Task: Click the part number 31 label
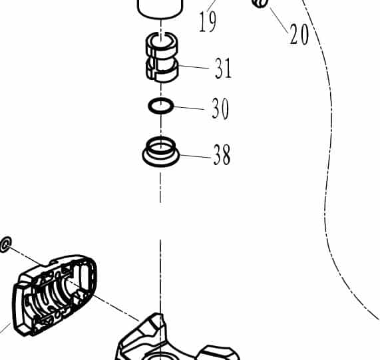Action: point(223,68)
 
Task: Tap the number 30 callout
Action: point(220,108)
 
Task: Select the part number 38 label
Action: point(222,154)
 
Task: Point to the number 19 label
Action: point(208,22)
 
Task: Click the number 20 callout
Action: point(299,34)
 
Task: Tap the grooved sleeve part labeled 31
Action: point(162,57)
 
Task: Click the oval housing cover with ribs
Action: point(55,295)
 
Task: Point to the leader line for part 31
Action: point(194,67)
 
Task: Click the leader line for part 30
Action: point(189,108)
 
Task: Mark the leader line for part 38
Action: point(196,156)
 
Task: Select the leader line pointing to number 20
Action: point(279,21)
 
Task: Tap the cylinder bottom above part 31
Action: point(160,11)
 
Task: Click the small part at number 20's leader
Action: point(260,3)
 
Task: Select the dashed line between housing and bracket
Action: point(103,300)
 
